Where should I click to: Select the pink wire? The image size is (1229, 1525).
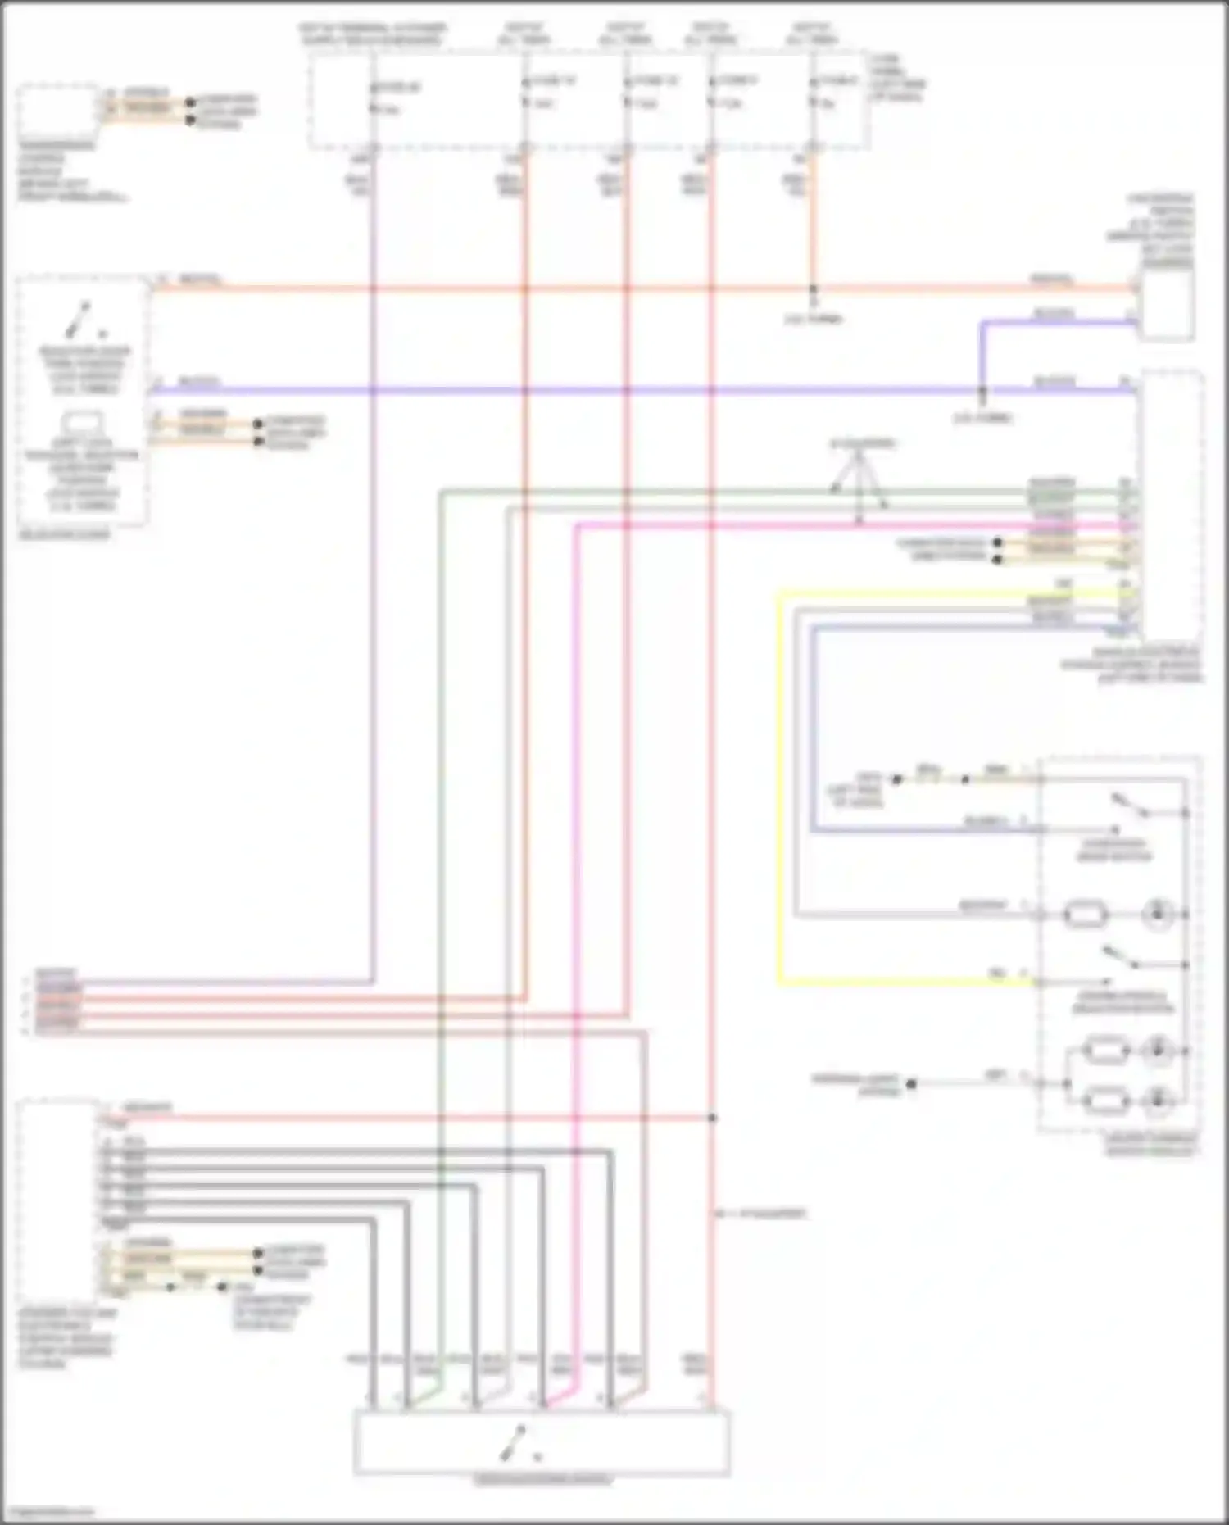[x=576, y=901]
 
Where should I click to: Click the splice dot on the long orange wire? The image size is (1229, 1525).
[x=813, y=289]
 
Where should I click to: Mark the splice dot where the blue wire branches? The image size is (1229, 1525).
[x=982, y=390]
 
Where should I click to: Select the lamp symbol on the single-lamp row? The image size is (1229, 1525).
[x=1157, y=913]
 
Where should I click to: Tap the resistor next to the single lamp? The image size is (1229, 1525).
[x=1085, y=913]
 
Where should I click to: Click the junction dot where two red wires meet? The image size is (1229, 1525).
[x=711, y=1118]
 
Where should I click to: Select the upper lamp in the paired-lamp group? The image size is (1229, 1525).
[x=1157, y=1050]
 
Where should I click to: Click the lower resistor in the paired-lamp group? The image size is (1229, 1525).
[x=1106, y=1101]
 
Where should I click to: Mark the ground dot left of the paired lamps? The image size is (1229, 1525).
[x=910, y=1083]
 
